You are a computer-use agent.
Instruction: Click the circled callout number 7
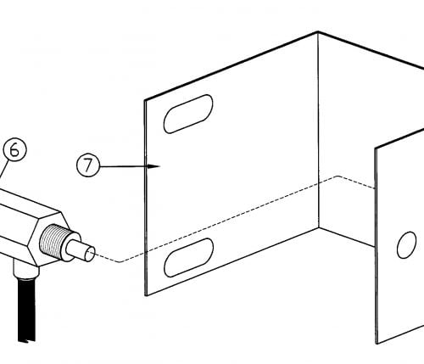(x=88, y=165)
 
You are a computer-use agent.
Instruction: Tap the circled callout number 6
(x=14, y=150)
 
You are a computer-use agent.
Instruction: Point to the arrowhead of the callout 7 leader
(x=154, y=166)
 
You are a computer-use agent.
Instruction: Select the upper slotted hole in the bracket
(x=188, y=114)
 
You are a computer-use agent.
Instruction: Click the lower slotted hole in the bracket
(x=188, y=257)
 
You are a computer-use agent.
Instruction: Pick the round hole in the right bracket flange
(x=406, y=245)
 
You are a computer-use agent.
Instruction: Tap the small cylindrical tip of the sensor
(x=81, y=250)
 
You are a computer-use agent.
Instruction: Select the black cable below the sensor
(x=27, y=310)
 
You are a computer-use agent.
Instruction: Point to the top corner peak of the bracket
(x=318, y=32)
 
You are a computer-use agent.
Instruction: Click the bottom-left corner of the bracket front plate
(x=146, y=295)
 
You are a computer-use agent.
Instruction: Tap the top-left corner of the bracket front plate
(x=145, y=100)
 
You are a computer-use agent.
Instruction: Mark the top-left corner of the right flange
(x=376, y=148)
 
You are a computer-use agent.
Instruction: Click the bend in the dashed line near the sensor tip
(x=120, y=262)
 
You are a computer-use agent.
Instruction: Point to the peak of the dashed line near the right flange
(x=338, y=176)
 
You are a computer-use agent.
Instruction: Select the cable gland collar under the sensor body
(x=26, y=269)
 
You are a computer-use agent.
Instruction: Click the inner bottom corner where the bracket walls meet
(x=319, y=228)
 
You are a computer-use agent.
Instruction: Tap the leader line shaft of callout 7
(x=124, y=166)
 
